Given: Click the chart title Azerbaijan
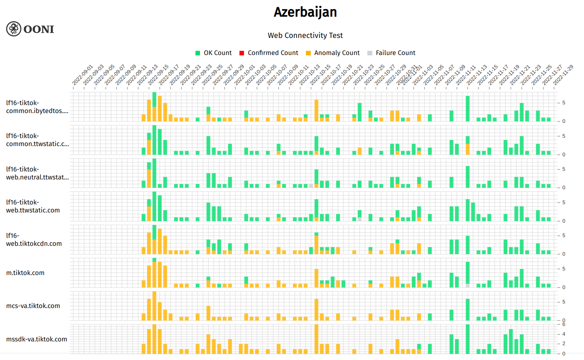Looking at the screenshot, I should (305, 12).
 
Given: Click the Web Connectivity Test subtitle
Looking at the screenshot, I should (305, 35).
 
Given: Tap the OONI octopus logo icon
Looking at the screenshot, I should (14, 29).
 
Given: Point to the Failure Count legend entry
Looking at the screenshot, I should (391, 53).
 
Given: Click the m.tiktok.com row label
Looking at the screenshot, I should (25, 273).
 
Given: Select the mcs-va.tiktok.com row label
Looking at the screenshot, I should (33, 306).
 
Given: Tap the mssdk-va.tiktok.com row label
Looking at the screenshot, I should (36, 339).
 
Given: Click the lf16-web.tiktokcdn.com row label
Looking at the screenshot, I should (34, 239).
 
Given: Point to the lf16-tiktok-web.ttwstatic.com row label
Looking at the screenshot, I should (33, 206).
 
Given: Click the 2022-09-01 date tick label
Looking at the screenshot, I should (82, 75).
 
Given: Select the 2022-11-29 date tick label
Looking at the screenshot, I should (563, 75).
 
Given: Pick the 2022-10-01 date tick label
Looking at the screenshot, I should (244, 75).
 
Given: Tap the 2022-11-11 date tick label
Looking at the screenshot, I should (466, 75).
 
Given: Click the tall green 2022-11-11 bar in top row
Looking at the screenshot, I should (468, 108).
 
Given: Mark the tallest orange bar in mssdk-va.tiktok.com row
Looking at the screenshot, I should (316, 339).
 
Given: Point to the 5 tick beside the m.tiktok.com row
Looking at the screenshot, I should (564, 269).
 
